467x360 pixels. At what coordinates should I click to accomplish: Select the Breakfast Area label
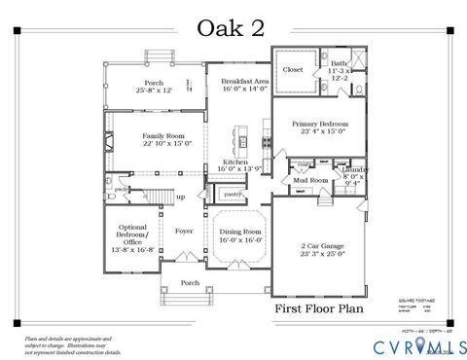242,84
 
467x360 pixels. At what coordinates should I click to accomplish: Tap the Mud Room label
311,180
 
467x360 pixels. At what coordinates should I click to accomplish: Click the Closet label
293,70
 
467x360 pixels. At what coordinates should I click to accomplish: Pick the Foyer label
183,232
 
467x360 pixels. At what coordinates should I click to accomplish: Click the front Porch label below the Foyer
190,285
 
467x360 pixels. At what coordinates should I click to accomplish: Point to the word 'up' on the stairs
180,197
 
